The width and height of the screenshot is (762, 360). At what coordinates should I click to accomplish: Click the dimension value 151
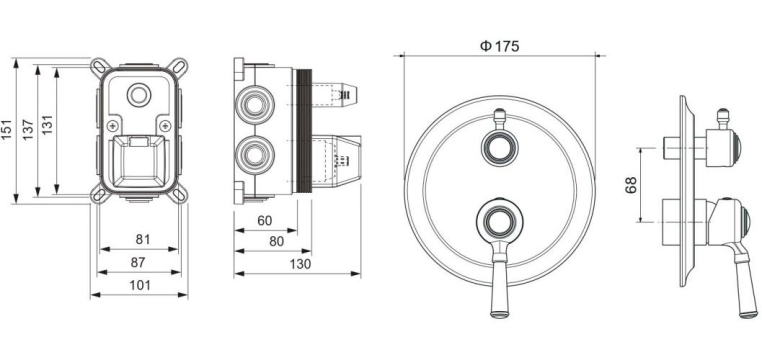pyautogui.click(x=6, y=130)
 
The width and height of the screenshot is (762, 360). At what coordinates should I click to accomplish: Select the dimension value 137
pyautogui.click(x=28, y=130)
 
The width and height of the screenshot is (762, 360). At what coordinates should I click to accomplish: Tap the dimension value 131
pyautogui.click(x=47, y=125)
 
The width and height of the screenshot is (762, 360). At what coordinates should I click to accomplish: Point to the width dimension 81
pyautogui.click(x=143, y=240)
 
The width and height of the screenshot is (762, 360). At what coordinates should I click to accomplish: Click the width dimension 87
pyautogui.click(x=138, y=262)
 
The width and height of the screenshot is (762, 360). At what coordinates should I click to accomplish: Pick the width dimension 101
pyautogui.click(x=140, y=285)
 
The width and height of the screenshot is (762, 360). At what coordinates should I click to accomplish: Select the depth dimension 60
pyautogui.click(x=264, y=221)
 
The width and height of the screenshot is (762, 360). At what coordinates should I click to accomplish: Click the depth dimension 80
pyautogui.click(x=277, y=241)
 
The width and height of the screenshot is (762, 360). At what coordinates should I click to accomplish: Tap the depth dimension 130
pyautogui.click(x=300, y=264)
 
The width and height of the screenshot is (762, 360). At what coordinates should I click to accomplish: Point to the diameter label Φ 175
pyautogui.click(x=500, y=46)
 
